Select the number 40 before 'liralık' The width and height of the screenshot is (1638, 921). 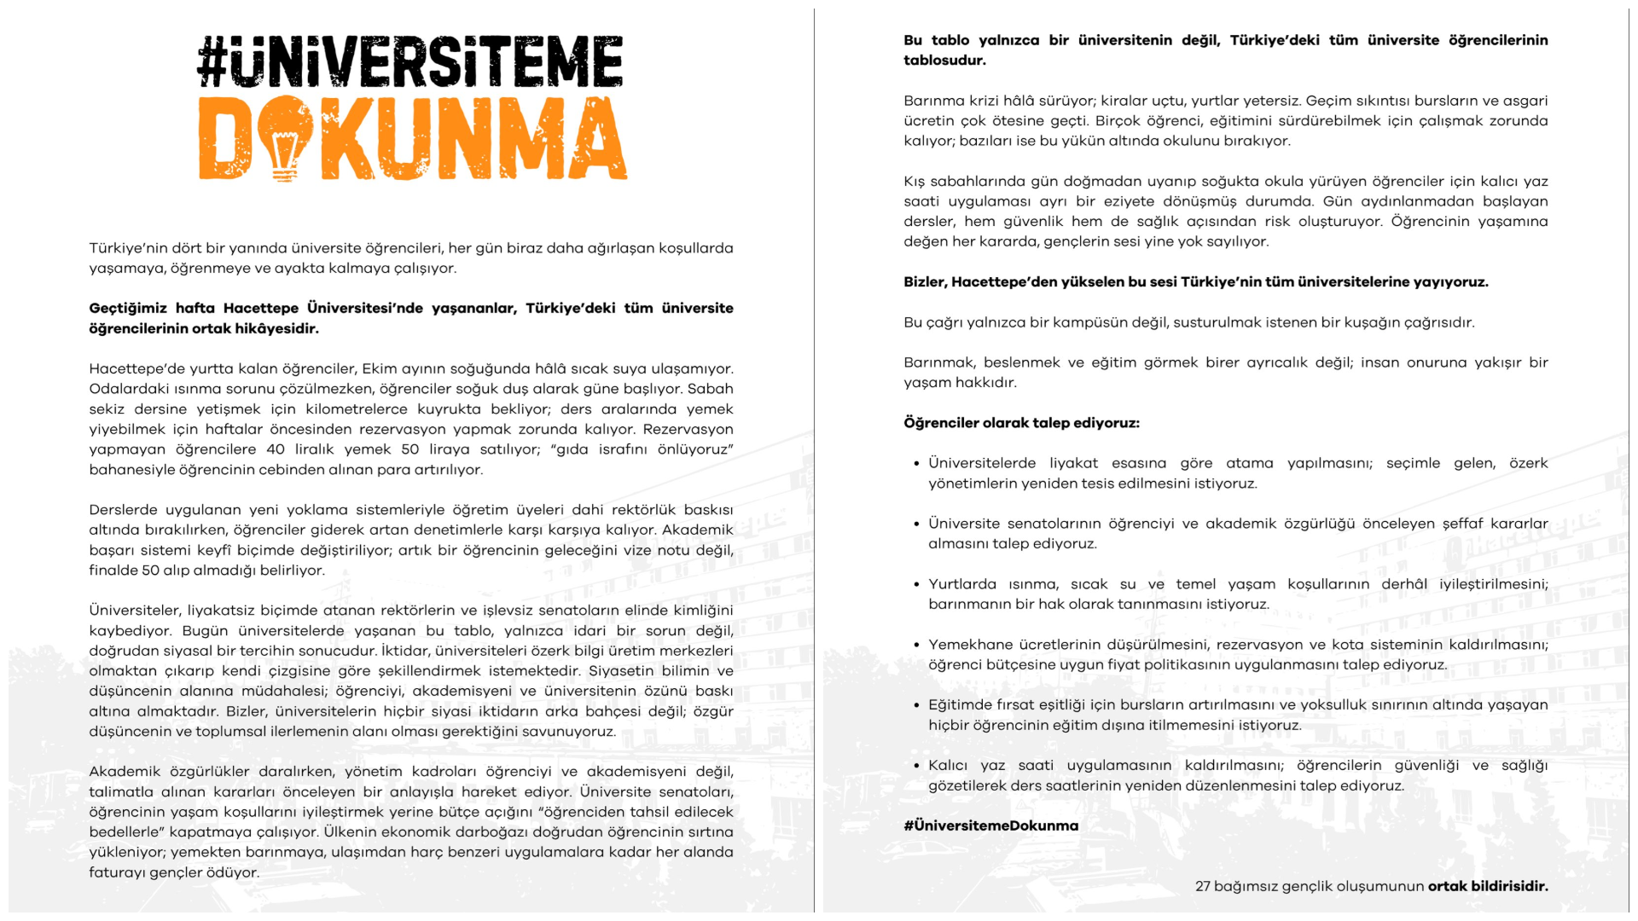(x=276, y=449)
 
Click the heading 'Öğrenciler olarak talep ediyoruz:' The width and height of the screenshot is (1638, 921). (x=1021, y=423)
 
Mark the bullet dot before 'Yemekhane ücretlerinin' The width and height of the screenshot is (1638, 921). (x=916, y=646)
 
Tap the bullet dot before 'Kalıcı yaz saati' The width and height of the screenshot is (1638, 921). (x=916, y=767)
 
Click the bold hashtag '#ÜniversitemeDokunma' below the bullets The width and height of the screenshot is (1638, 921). (x=990, y=825)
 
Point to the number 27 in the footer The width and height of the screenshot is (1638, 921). (x=1203, y=886)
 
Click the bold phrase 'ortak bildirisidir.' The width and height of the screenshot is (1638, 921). (x=1487, y=886)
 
